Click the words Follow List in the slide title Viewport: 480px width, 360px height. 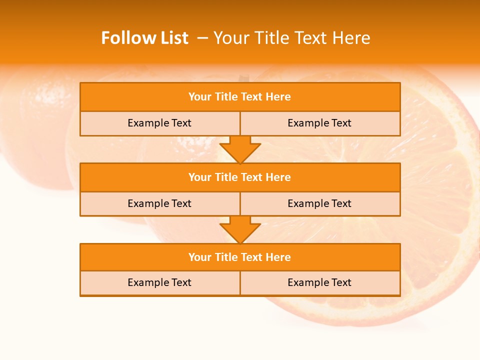(x=144, y=38)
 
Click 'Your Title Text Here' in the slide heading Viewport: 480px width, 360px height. (x=291, y=38)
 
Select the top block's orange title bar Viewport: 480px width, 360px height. (x=240, y=97)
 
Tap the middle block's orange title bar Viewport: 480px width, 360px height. (x=240, y=177)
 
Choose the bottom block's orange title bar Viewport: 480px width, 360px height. (x=240, y=257)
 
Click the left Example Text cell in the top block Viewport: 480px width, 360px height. (x=159, y=123)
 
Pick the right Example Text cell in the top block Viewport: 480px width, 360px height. (x=319, y=123)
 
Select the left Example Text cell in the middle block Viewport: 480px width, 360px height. (x=159, y=204)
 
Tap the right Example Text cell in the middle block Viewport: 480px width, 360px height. (x=319, y=204)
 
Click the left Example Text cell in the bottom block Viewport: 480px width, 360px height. (x=159, y=283)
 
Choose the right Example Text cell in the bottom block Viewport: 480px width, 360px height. (x=319, y=283)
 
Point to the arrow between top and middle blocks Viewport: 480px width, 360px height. (x=240, y=149)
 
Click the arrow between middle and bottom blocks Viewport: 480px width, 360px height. (x=240, y=229)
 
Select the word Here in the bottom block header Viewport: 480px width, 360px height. (x=278, y=257)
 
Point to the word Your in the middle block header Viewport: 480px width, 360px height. (x=200, y=177)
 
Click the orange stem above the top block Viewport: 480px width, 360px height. (x=243, y=78)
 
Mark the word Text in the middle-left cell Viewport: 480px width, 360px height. (x=181, y=204)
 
